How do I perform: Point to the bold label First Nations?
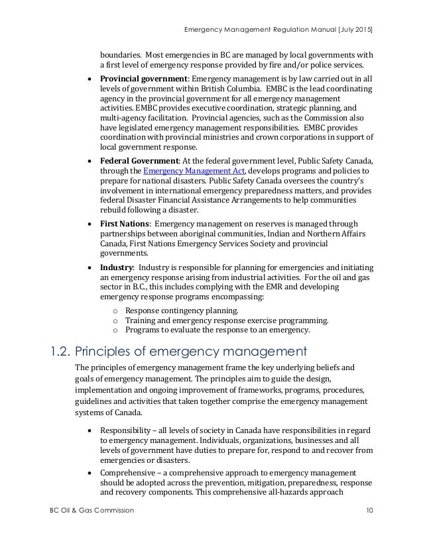click(x=124, y=223)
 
